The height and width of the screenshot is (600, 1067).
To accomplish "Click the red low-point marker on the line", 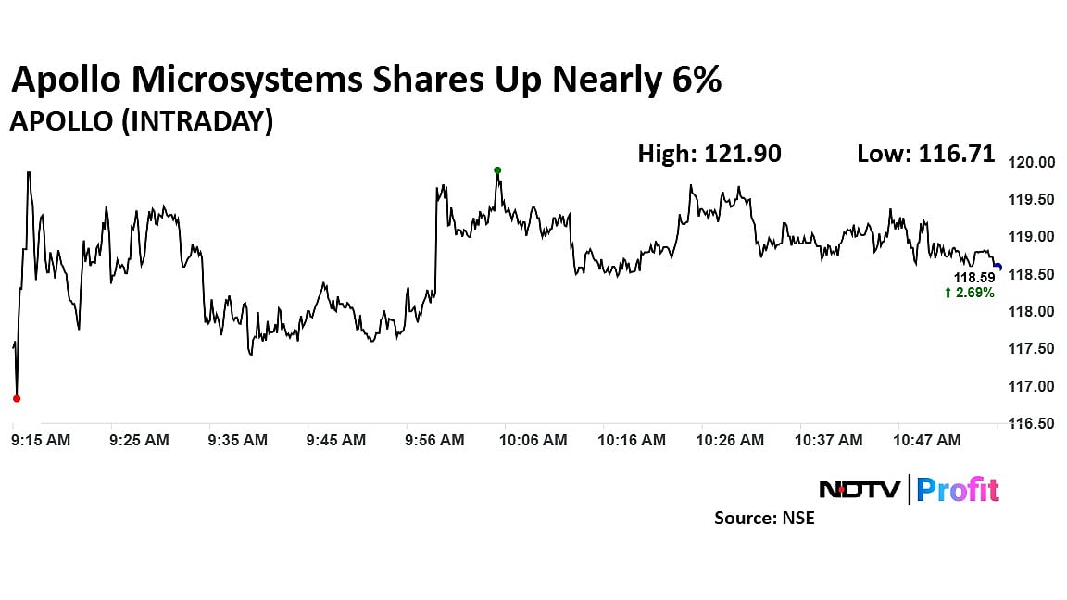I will (x=16, y=398).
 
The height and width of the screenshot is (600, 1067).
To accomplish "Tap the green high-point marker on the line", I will (x=497, y=170).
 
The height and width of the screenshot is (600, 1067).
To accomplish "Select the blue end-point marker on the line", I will (x=997, y=267).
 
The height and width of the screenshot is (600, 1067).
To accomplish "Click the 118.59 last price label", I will (x=975, y=277).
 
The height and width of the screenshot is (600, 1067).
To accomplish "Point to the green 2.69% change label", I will (x=969, y=293).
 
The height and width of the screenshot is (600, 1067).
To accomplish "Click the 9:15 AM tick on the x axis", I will (x=42, y=441).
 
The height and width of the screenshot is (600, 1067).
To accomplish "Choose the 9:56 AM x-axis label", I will (x=435, y=441).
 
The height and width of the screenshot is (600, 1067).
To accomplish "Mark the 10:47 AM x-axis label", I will (x=928, y=441).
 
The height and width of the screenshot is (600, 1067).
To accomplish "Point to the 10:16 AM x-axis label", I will (x=633, y=441).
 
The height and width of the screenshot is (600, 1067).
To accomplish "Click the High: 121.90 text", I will (x=709, y=154).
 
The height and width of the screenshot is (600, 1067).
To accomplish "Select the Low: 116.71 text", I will (x=926, y=154).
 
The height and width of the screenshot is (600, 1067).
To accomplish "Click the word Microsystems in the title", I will (x=247, y=81).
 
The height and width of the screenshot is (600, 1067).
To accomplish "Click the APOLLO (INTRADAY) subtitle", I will (x=141, y=121).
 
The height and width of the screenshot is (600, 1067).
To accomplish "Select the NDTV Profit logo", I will (x=909, y=489).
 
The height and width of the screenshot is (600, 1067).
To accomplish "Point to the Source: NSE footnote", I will (x=764, y=519).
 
